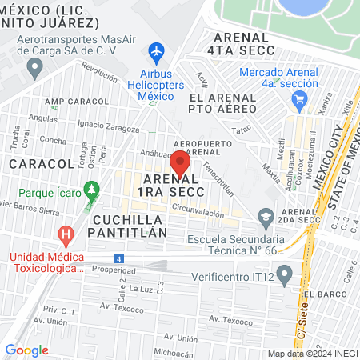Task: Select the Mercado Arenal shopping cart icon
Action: (x=300, y=100)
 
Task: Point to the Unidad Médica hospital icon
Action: (x=66, y=236)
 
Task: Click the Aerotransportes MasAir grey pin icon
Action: (x=34, y=69)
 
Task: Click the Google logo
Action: (x=26, y=350)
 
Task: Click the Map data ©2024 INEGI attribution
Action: (x=312, y=354)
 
